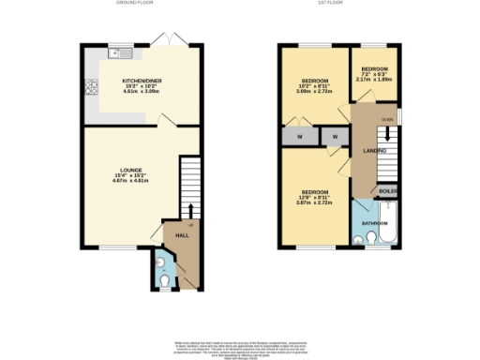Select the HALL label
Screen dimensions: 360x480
pyautogui.click(x=183, y=235)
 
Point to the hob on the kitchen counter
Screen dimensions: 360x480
pyautogui.click(x=93, y=89)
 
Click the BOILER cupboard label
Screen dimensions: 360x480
pyautogui.click(x=389, y=191)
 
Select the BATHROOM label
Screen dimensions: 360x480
pyautogui.click(x=375, y=223)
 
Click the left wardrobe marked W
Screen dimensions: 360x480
pyautogui.click(x=299, y=137)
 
